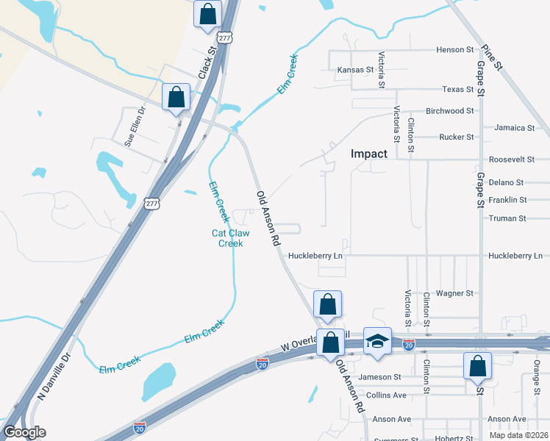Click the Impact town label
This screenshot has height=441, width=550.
pyautogui.click(x=368, y=154)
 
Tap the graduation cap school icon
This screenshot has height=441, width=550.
pyautogui.click(x=377, y=342)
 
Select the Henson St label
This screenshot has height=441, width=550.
pyautogui.click(x=455, y=50)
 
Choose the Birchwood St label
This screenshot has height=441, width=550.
pyautogui.click(x=450, y=111)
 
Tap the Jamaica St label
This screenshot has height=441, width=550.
pyautogui.click(x=515, y=127)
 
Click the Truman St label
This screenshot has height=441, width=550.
pyautogui.click(x=507, y=218)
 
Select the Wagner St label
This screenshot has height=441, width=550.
pyautogui.click(x=454, y=293)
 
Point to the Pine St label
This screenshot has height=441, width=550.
pyautogui.click(x=492, y=57)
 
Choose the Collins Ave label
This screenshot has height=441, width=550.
pyautogui.click(x=387, y=395)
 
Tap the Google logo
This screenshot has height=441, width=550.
pyautogui.click(x=24, y=432)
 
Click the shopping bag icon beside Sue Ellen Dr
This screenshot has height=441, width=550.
pyautogui.click(x=176, y=96)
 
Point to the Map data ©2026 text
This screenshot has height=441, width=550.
pyautogui.click(x=518, y=435)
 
